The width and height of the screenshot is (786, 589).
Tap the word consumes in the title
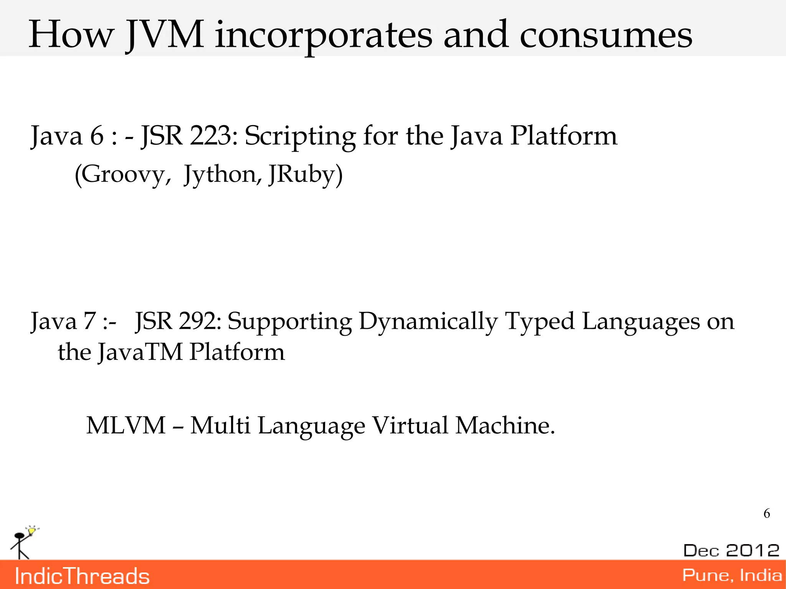click(606, 35)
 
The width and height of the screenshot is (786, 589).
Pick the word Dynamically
click(428, 322)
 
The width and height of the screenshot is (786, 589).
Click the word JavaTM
click(140, 352)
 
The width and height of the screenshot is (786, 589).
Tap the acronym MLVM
click(126, 426)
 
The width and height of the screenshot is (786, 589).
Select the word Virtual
click(410, 426)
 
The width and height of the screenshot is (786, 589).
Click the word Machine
click(504, 426)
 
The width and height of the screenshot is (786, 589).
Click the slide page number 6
click(766, 513)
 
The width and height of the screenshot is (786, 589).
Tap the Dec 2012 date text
click(731, 550)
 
